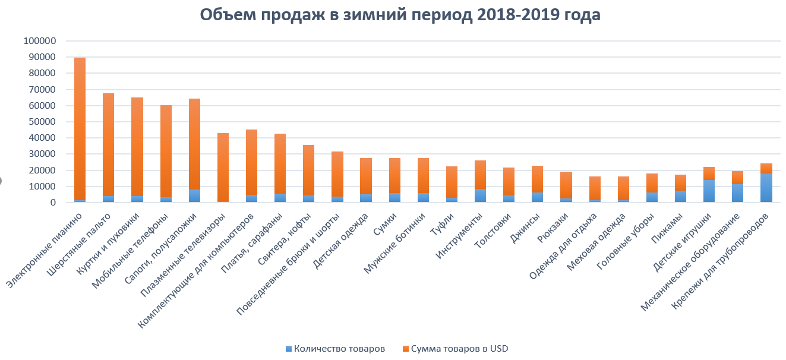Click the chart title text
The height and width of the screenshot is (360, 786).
coord(400,15)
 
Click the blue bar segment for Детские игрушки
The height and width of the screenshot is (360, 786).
coord(709,191)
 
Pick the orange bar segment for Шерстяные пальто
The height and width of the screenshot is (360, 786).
coord(108,143)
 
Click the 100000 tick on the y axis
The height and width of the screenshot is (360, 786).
coord(39,41)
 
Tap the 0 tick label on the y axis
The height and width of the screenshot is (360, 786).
coord(53,203)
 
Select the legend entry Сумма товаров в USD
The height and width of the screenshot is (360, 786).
coord(454,349)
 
